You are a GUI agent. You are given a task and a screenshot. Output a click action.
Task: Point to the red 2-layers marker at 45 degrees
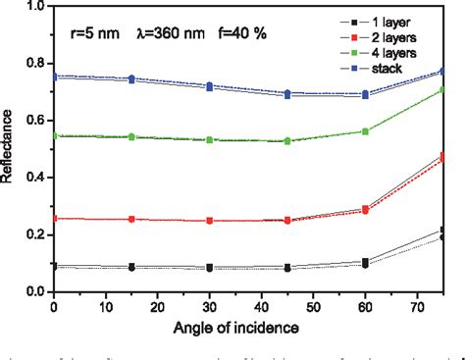287,221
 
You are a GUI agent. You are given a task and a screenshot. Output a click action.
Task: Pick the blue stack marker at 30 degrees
209,86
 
